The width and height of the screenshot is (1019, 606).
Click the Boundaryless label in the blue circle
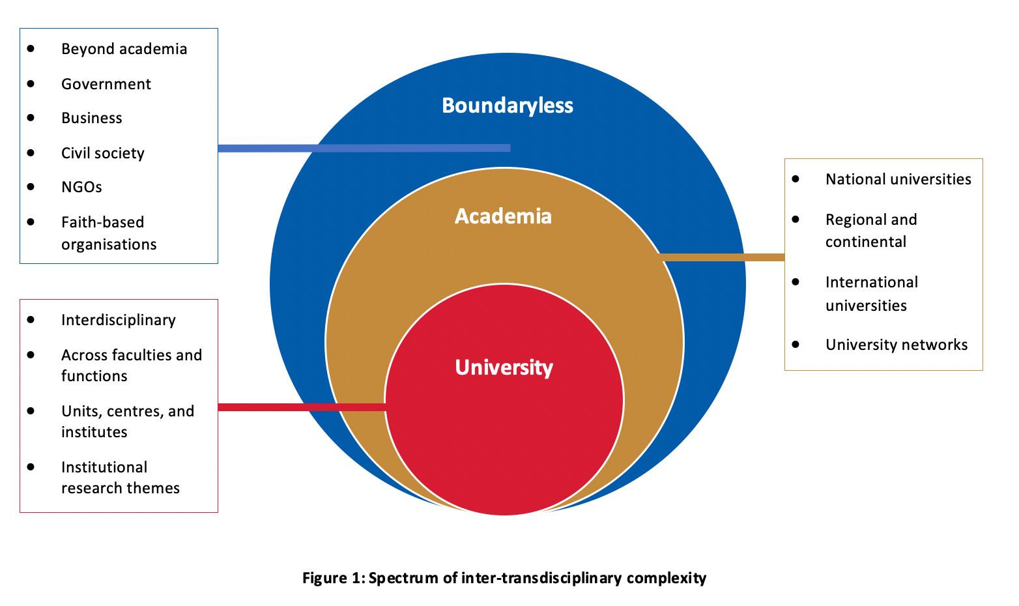(508, 106)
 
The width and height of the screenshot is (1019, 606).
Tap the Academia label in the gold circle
(503, 216)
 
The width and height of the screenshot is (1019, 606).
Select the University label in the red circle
(504, 368)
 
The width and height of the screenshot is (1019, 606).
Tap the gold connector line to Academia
(723, 257)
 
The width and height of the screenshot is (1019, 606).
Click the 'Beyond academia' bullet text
(124, 49)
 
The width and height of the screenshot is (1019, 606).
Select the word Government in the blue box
(106, 84)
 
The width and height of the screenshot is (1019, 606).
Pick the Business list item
(92, 118)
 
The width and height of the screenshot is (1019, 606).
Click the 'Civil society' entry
(103, 153)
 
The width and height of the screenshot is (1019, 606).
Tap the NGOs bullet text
(81, 187)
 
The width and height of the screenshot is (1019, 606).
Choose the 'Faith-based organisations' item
(109, 233)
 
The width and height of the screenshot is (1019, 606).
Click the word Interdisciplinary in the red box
(119, 320)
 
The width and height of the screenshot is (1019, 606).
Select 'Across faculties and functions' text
(131, 366)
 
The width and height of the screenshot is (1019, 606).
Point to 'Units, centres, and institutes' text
(128, 422)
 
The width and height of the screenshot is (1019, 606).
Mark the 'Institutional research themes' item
(120, 478)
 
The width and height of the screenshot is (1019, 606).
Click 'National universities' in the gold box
(898, 179)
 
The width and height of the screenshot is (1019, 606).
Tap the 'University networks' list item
(896, 345)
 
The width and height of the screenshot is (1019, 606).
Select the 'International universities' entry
(871, 294)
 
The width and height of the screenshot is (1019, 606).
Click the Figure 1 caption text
(504, 578)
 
